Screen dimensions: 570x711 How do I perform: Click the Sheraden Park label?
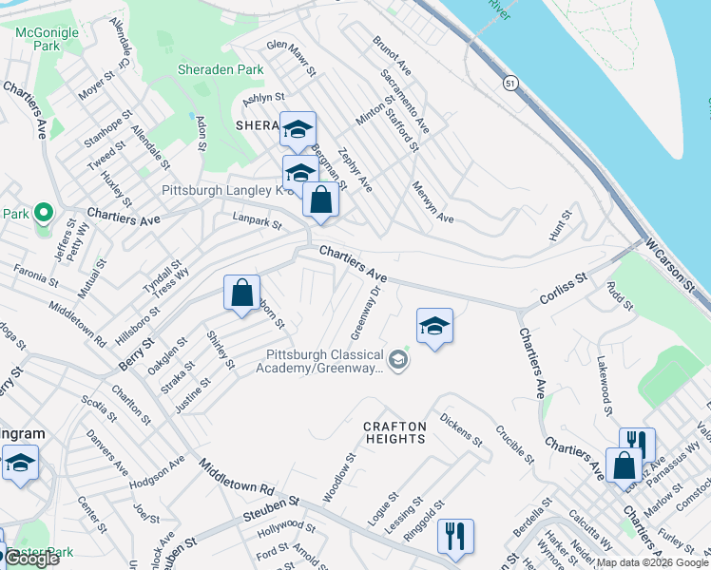pos(221,69)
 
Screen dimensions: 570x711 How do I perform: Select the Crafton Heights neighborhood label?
pos(394,432)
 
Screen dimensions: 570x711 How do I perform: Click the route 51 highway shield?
pos(510,83)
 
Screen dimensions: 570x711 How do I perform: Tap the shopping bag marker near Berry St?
pos(241,291)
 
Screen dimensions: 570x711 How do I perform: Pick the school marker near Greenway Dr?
pos(434,326)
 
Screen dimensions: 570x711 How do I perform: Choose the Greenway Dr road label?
pos(364,313)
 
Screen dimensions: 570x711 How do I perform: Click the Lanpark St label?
pos(258,223)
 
